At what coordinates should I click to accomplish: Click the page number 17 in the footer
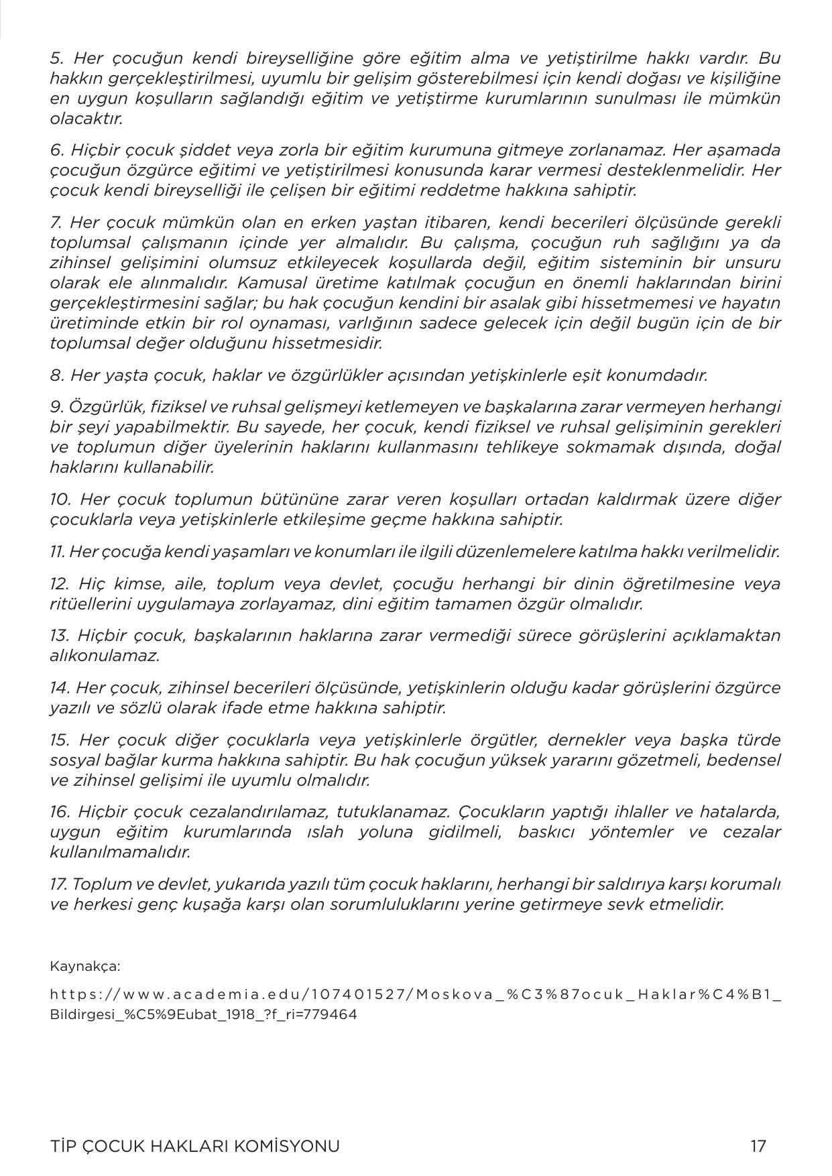coord(758,1146)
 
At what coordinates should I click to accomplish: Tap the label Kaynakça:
coord(85,966)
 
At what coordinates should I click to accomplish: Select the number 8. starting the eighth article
coord(57,375)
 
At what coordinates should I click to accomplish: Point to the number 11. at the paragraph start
coord(58,552)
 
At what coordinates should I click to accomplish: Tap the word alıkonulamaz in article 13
coord(105,656)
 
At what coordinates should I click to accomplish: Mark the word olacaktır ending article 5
coord(86,119)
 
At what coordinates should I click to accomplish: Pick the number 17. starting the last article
coord(58,884)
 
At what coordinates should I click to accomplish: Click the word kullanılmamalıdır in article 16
coord(120,852)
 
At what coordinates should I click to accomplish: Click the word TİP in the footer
coord(64,1146)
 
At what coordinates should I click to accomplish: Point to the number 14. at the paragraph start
coord(60,687)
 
